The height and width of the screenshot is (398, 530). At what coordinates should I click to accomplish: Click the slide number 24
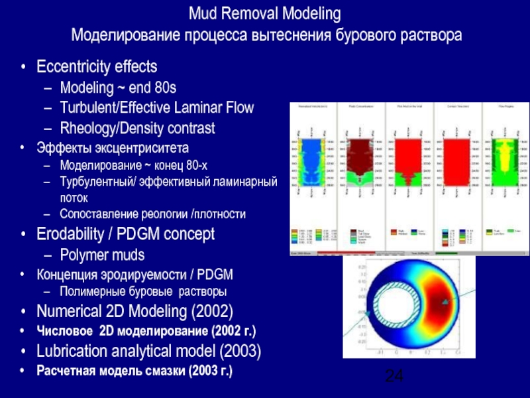pyautogui.click(x=394, y=376)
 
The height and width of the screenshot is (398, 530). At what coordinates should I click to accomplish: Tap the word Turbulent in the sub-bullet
pyautogui.click(x=87, y=107)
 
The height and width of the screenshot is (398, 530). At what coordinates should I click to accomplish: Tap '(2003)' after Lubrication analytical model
pyautogui.click(x=239, y=350)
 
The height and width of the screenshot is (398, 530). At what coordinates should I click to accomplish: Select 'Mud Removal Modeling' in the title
pyautogui.click(x=265, y=13)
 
